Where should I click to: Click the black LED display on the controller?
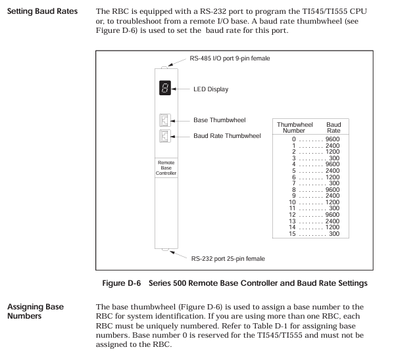(165, 88)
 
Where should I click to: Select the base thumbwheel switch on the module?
(165, 120)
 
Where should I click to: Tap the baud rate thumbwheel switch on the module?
(165, 136)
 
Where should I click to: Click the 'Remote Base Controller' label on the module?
(166, 168)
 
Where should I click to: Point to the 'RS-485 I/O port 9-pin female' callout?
(230, 58)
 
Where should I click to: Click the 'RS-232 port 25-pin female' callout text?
(228, 259)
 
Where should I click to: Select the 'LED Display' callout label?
(211, 89)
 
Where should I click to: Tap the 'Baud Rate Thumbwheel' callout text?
(227, 136)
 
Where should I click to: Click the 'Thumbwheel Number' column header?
(295, 128)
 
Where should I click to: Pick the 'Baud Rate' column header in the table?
(333, 128)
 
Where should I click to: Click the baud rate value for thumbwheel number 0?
(332, 139)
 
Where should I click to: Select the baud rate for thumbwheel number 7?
(334, 183)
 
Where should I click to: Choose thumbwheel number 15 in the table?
(292, 234)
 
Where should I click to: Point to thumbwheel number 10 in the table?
(292, 202)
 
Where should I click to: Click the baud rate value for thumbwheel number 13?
(332, 221)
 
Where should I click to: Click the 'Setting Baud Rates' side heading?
(43, 11)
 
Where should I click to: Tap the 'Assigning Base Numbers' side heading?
(36, 311)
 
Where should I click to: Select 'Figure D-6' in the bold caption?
(122, 283)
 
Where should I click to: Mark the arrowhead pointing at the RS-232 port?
(172, 252)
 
